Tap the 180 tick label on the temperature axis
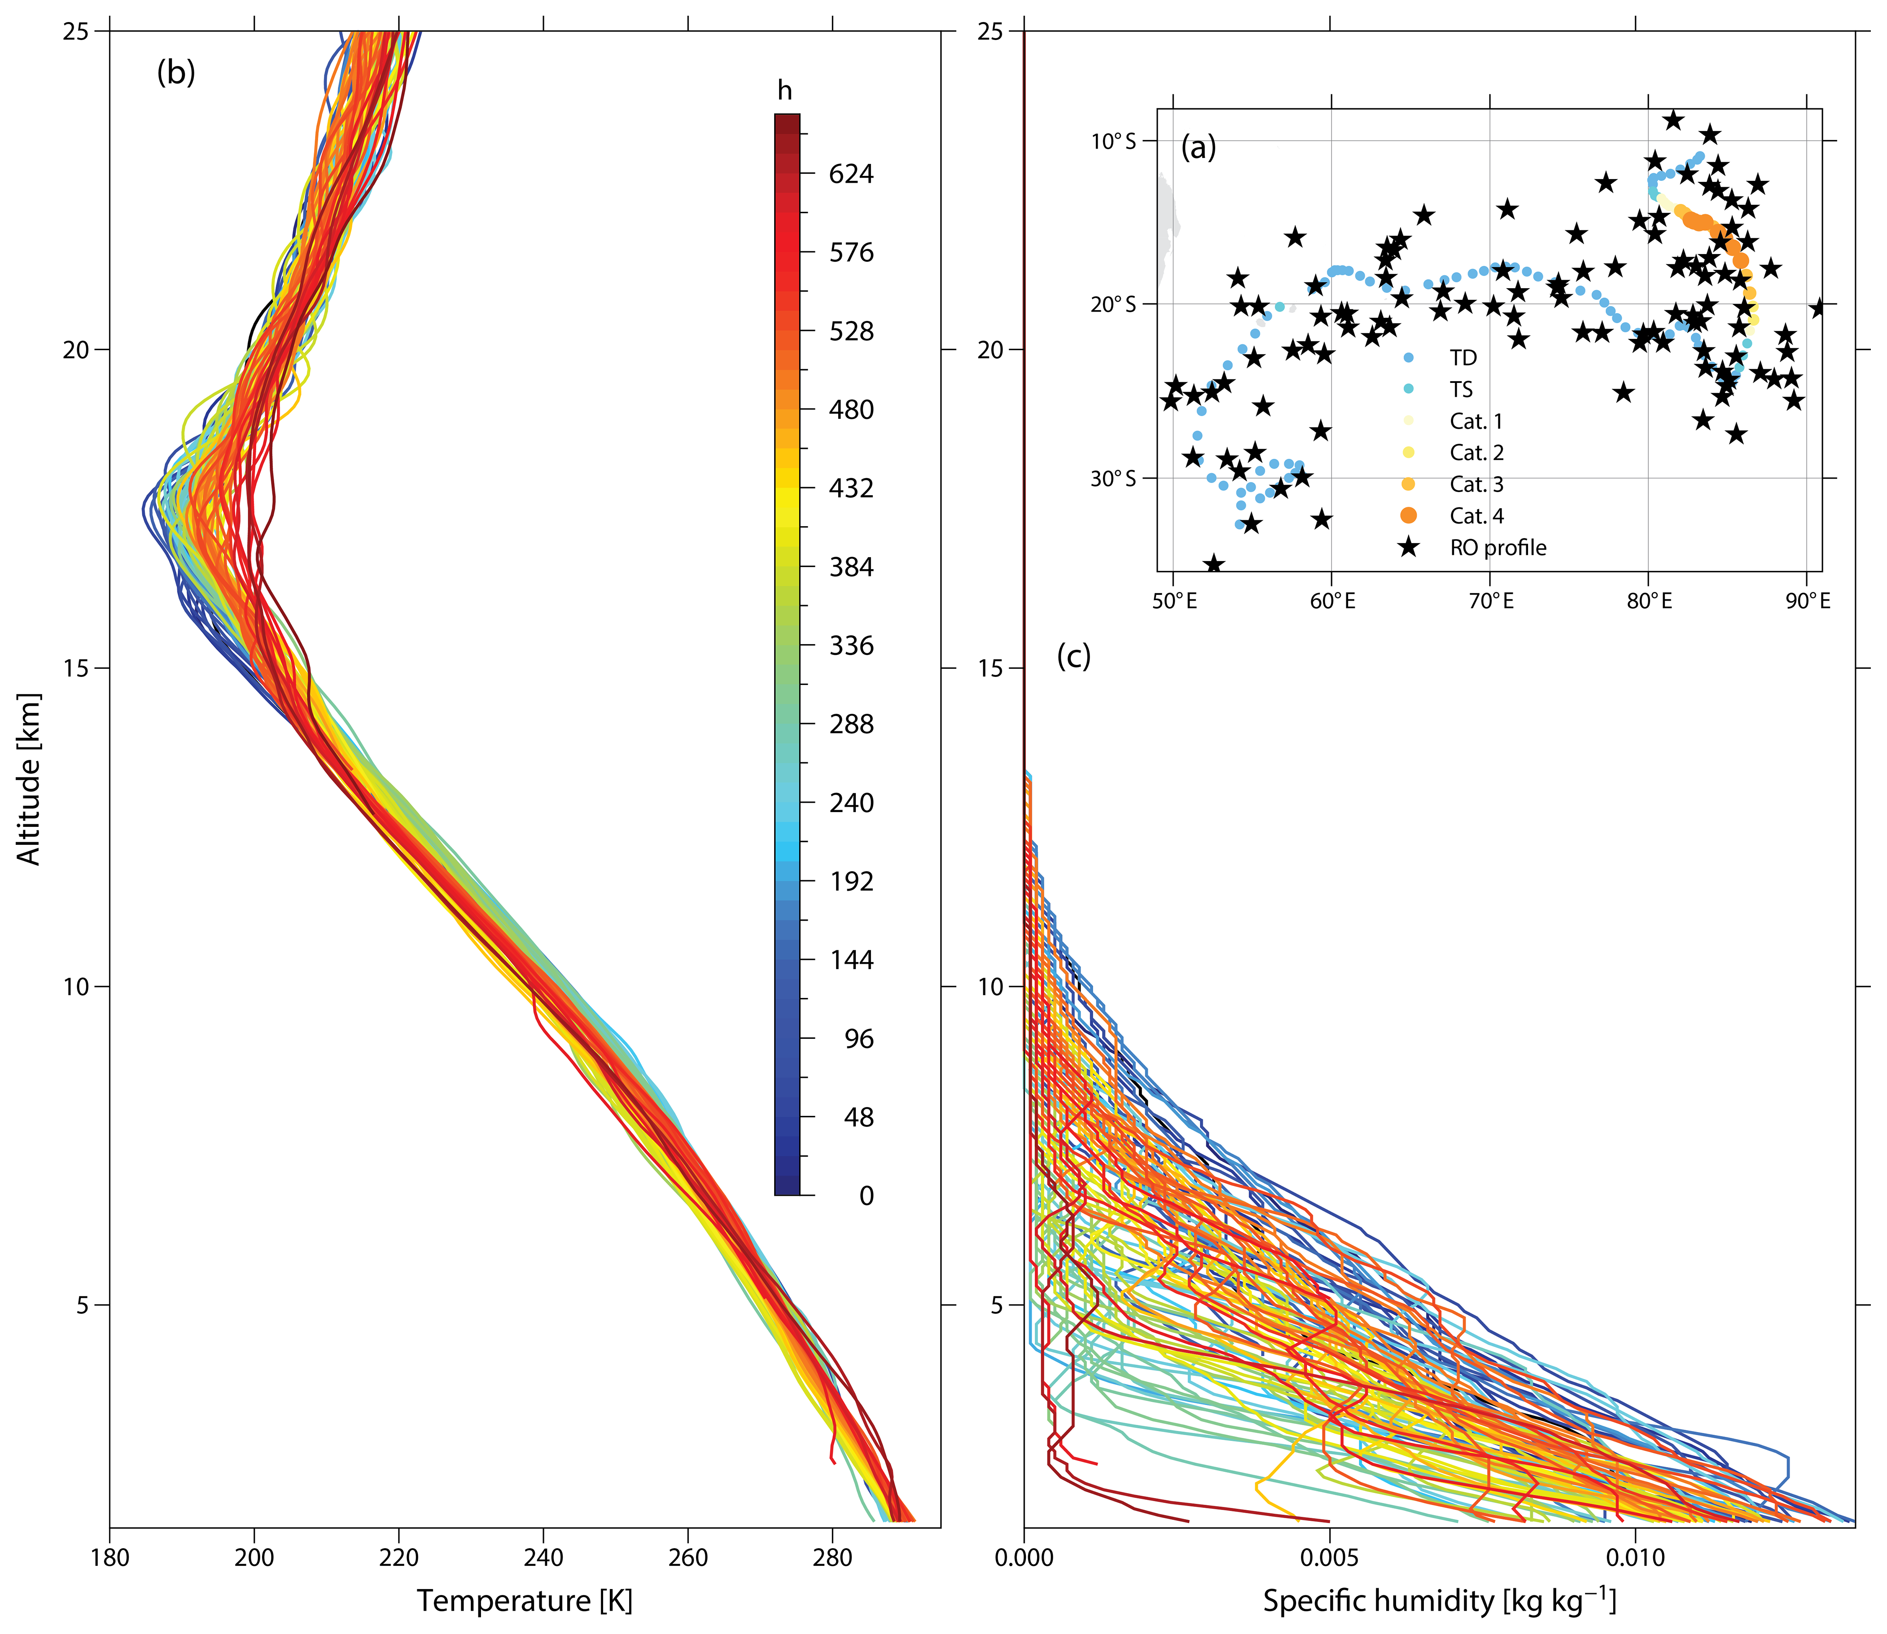coord(110,1557)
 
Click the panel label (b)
coord(176,72)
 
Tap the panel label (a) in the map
coord(1198,147)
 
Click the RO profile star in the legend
coord(1409,547)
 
